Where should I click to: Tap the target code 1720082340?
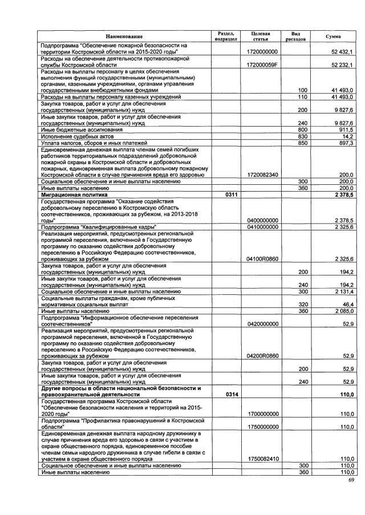(262, 175)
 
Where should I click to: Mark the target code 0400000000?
(262, 220)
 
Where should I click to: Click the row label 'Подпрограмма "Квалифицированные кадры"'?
(95, 226)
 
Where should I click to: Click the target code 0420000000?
(262, 324)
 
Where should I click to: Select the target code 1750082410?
(262, 459)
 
